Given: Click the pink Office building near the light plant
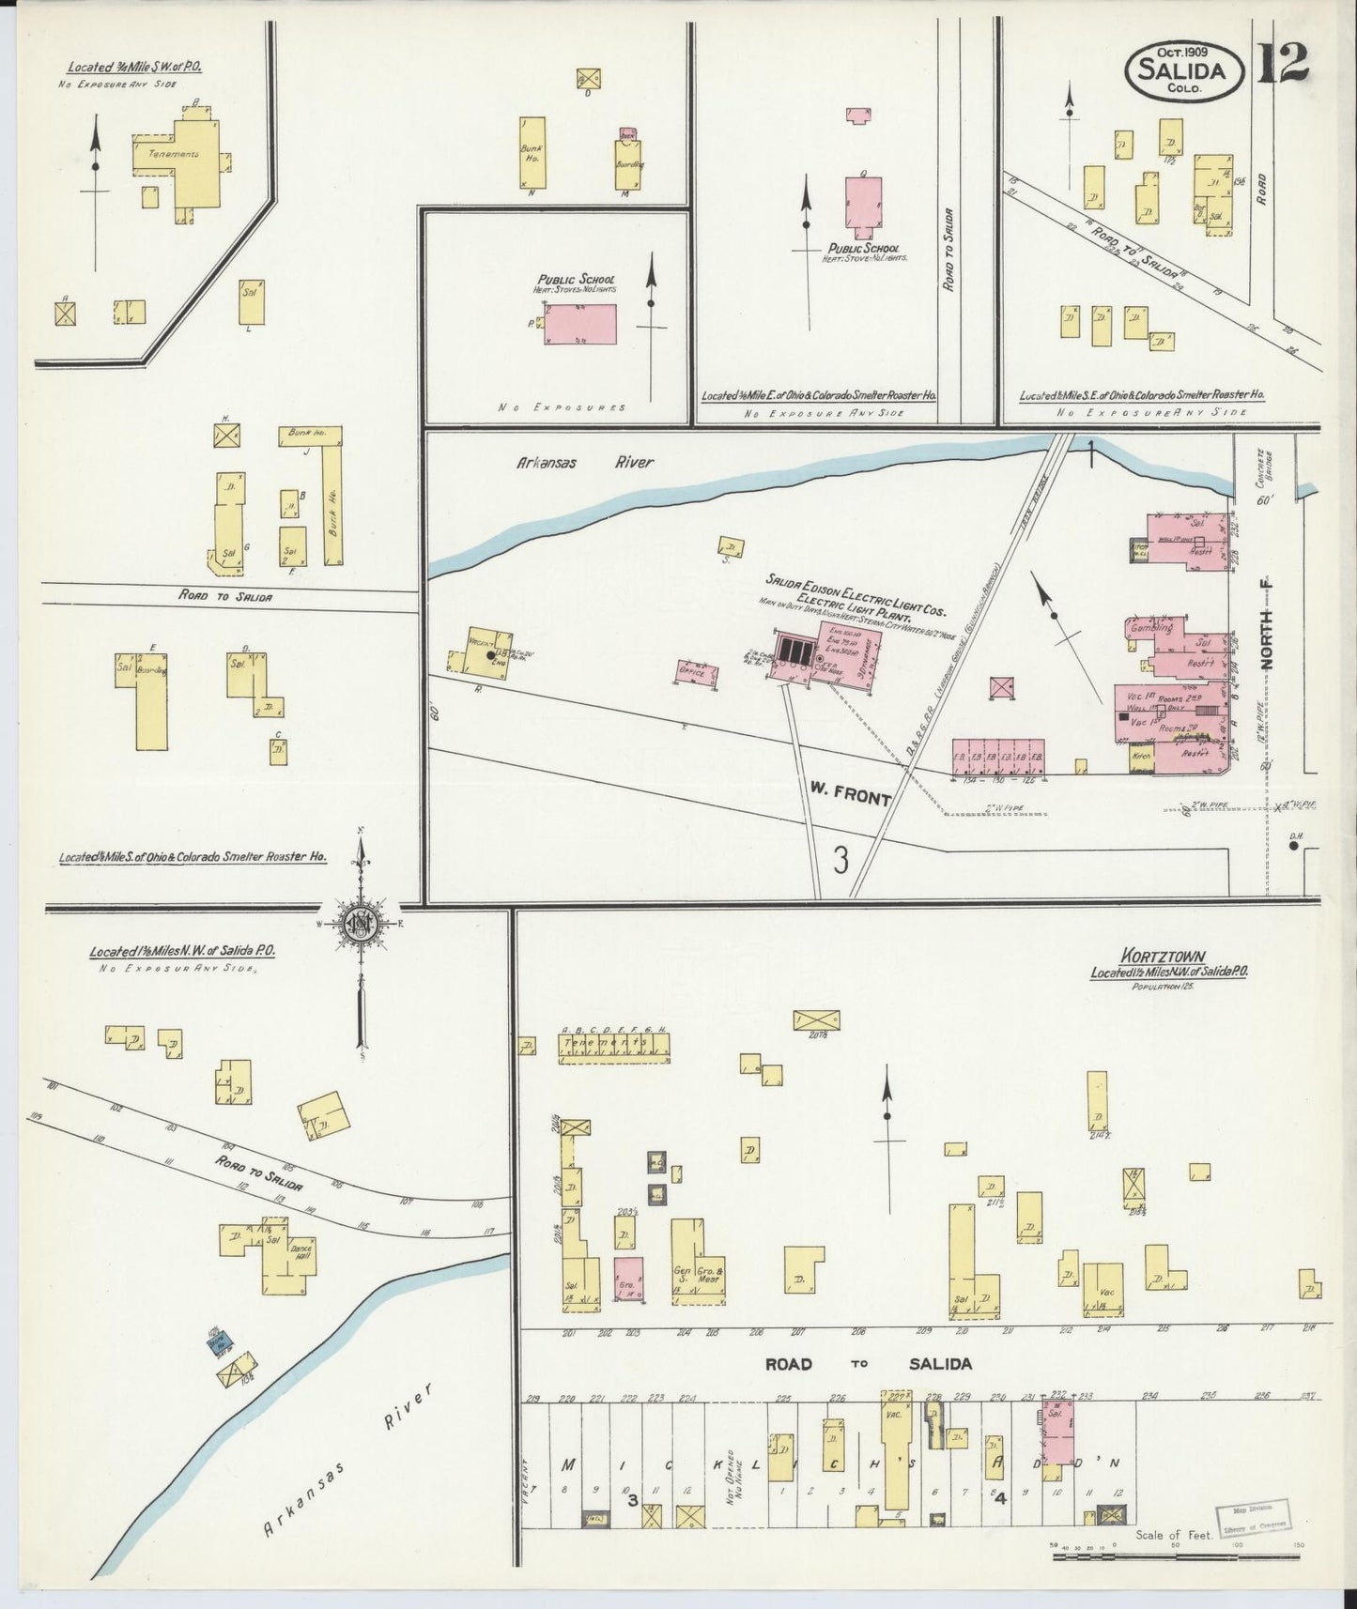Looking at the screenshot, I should pos(698,673).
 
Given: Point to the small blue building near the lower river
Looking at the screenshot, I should pos(219,1342).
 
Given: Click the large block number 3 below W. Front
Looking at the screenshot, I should pos(841,860).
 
